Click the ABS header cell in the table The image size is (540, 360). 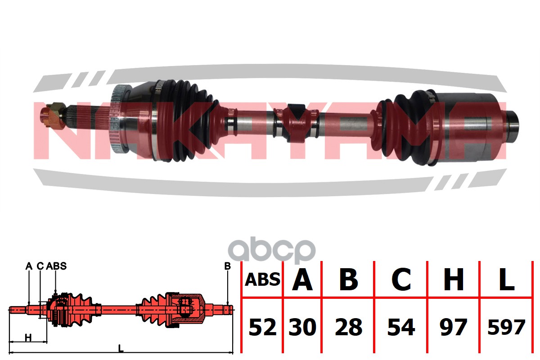262,279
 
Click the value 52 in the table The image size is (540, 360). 262,327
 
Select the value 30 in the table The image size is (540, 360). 302,327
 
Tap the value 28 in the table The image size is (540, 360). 349,327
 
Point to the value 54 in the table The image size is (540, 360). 401,327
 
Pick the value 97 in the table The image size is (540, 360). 454,327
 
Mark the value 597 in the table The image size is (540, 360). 506,327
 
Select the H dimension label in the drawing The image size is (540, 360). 28,337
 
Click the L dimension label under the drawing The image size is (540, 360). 121,348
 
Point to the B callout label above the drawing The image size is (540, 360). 227,266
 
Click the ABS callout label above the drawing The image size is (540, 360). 56,266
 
